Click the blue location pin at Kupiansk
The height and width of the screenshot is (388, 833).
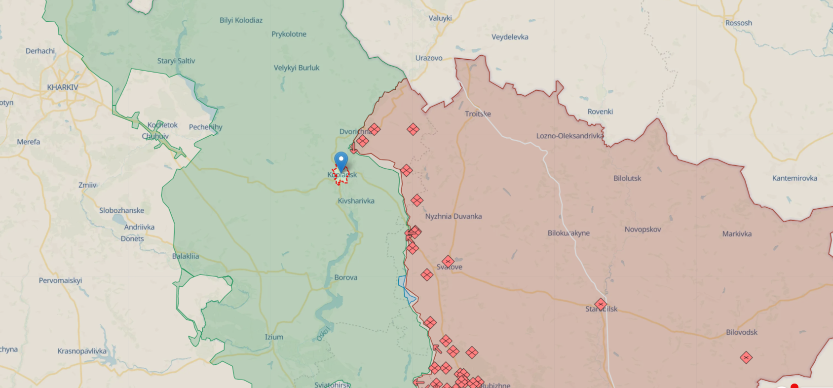tap(341, 161)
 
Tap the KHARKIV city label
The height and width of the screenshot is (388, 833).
tap(63, 87)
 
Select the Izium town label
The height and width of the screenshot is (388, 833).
tap(274, 337)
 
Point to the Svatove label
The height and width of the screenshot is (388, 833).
tap(450, 267)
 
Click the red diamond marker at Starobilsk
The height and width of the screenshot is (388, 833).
tap(601, 304)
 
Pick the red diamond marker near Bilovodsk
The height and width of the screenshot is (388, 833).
tap(746, 357)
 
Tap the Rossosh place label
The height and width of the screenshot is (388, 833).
tap(739, 23)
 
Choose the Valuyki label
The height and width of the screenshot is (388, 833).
tap(440, 18)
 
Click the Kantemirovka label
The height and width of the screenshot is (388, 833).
tap(795, 178)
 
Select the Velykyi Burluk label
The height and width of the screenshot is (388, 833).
tap(297, 68)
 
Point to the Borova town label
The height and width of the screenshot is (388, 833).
tap(345, 277)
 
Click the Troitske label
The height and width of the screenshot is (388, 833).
tap(478, 114)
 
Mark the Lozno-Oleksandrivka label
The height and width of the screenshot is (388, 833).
tap(570, 136)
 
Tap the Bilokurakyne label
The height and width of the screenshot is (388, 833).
tap(568, 233)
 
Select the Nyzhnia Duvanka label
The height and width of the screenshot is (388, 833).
tap(454, 216)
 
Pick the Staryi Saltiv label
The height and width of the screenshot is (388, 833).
tap(176, 61)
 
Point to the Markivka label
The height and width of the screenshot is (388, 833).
tap(737, 234)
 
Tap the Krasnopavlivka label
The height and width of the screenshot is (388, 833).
tap(82, 351)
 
